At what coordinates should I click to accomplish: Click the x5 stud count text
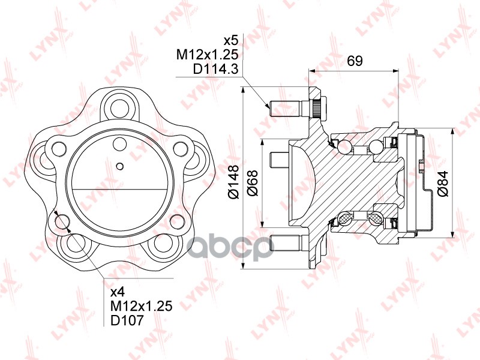click(x=231, y=41)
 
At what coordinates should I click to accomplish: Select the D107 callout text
click(x=127, y=320)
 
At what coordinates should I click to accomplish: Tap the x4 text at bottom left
click(x=118, y=293)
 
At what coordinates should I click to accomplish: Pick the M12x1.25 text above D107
click(x=142, y=307)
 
